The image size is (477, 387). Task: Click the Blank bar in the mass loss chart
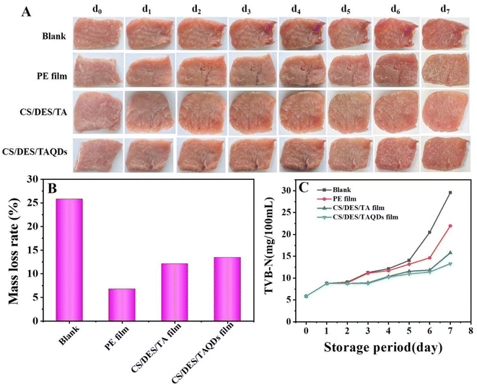point(69,260)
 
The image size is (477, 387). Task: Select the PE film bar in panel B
point(122,305)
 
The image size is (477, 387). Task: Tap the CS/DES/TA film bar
point(175,292)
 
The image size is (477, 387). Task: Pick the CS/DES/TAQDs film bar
point(227,289)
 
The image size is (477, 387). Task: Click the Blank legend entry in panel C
point(334,190)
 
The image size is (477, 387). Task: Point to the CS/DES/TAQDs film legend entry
point(358,217)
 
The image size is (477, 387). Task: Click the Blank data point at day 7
point(450,193)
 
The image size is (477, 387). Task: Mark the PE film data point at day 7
point(450,225)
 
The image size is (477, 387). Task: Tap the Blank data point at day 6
point(429,232)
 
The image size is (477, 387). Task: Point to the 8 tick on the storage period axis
point(471,331)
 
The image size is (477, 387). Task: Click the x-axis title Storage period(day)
point(382,347)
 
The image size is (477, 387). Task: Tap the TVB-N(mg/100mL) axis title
point(269,245)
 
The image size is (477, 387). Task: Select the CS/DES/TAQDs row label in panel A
point(35,152)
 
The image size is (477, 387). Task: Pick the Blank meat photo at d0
point(98,33)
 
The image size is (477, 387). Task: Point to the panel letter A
point(27,12)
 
